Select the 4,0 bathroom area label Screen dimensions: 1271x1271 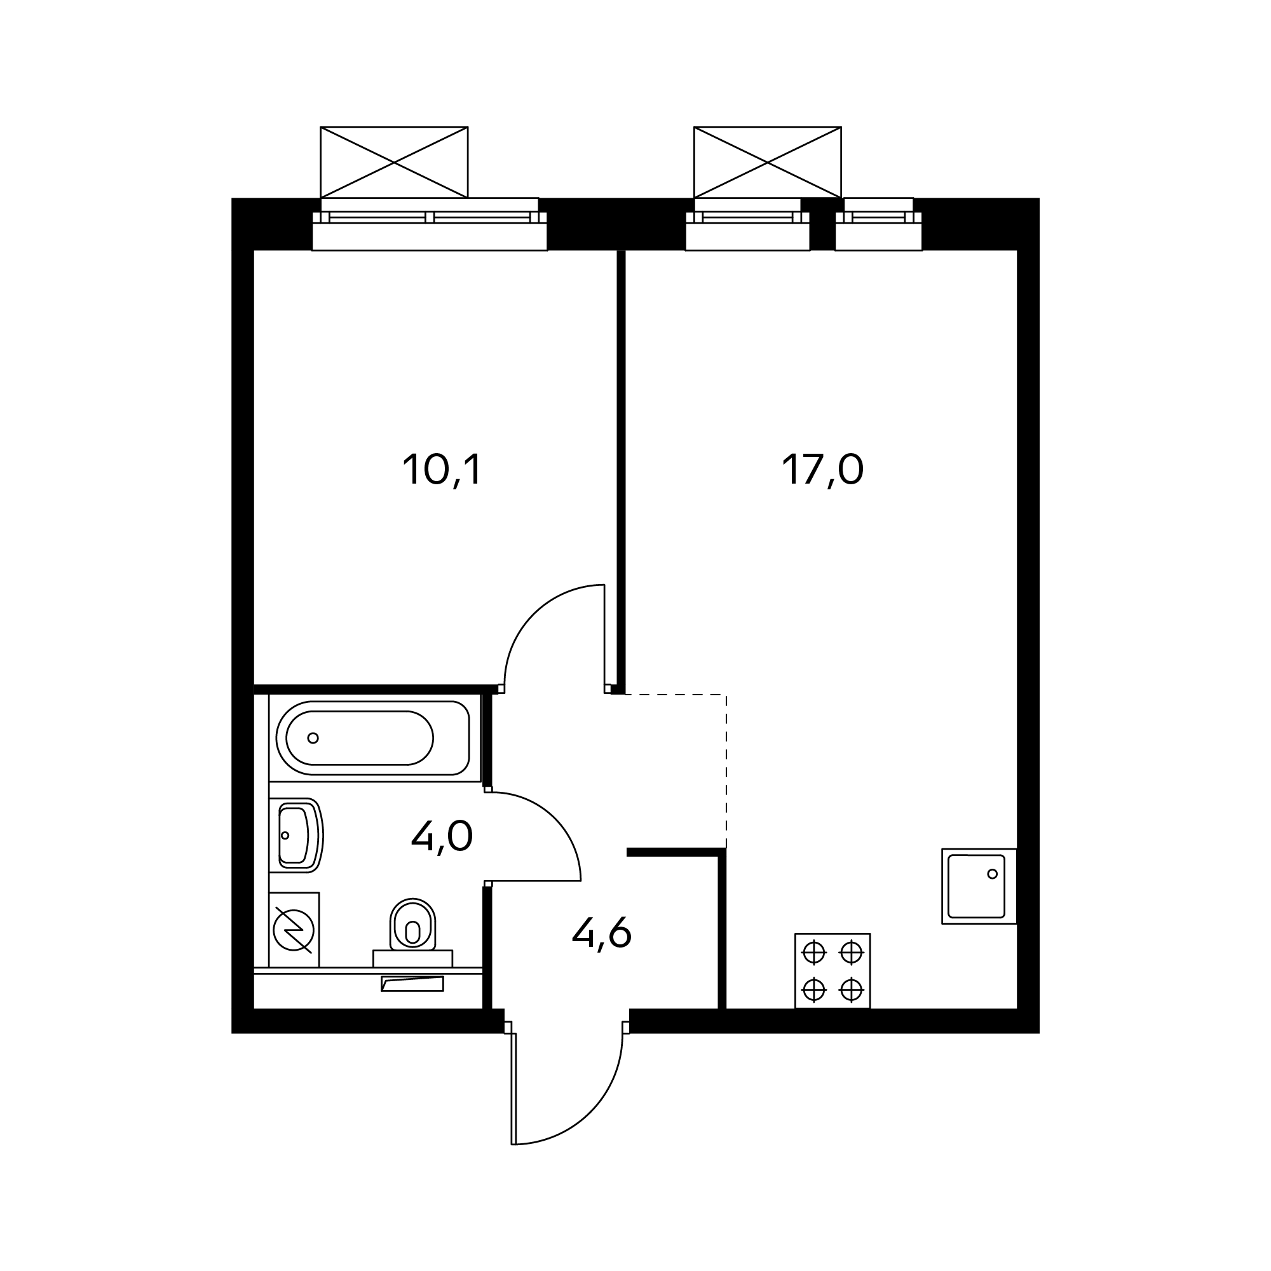pyautogui.click(x=442, y=837)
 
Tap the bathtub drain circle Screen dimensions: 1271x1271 pyautogui.click(x=313, y=737)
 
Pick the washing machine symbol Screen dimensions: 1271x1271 pyautogui.click(x=294, y=930)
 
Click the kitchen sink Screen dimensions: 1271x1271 pyautogui.click(x=979, y=886)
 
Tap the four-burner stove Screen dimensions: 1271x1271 pyautogui.click(x=833, y=970)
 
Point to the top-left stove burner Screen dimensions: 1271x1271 pyautogui.click(x=814, y=951)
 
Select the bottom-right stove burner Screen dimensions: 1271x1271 pyautogui.click(x=852, y=989)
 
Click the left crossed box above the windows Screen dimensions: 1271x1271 pyautogui.click(x=394, y=162)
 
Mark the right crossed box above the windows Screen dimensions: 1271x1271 pyautogui.click(x=768, y=162)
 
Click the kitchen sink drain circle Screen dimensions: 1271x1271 pyautogui.click(x=993, y=874)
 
